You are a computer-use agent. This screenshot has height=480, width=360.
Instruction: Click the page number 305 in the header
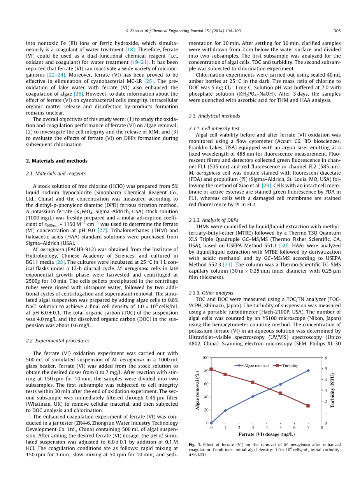click(x=337, y=31)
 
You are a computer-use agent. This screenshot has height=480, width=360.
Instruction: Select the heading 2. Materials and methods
click(x=56, y=161)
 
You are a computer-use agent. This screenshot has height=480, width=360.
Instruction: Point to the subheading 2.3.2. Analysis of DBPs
click(x=213, y=221)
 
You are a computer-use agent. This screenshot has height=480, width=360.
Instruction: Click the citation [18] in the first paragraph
click(x=130, y=49)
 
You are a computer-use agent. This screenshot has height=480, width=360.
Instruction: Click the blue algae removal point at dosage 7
click(x=308, y=370)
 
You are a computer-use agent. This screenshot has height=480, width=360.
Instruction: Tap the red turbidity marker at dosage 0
click(x=211, y=369)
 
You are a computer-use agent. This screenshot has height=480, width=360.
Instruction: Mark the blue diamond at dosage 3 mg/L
click(x=253, y=396)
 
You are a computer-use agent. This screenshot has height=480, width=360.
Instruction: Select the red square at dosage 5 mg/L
click(x=280, y=393)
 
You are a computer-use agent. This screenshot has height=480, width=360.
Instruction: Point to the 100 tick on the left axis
click(x=205, y=357)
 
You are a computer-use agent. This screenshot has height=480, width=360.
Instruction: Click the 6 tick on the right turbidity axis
click(x=326, y=357)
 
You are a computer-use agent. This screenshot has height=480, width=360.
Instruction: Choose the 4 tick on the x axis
click(x=267, y=427)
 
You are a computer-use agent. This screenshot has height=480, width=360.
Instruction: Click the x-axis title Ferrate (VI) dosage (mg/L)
click(x=267, y=434)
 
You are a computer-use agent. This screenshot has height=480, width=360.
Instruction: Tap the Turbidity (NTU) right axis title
click(x=333, y=390)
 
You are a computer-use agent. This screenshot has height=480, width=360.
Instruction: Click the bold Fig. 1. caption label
click(x=195, y=444)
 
